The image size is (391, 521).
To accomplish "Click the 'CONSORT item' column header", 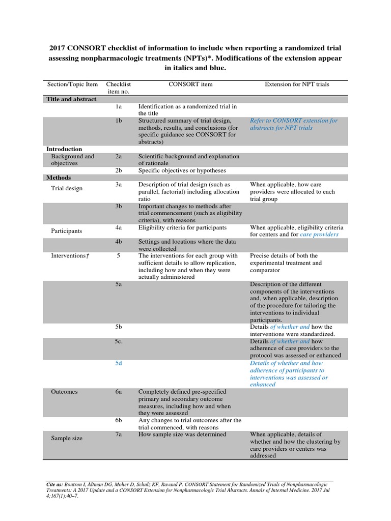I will point(190,84).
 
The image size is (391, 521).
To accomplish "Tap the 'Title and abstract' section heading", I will point(71,99).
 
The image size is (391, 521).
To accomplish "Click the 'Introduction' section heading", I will point(64,149).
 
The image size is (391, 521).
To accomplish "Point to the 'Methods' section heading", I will point(59,178).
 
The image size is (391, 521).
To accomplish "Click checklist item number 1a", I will point(118,107).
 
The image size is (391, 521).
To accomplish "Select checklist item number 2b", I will point(118,170).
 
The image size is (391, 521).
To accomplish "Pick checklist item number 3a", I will point(118,185).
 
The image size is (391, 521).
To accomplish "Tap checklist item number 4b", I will point(118,242).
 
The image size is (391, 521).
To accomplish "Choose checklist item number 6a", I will point(118,392).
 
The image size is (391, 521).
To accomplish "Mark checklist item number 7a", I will point(118,435).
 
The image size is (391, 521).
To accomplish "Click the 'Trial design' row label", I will point(67,188).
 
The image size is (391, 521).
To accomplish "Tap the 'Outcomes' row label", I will point(64,392).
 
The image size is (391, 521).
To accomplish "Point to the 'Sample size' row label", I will point(67,438).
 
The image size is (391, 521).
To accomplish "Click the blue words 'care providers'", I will point(319,235).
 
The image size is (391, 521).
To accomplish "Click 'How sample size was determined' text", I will point(182,435).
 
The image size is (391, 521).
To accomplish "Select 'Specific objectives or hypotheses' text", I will point(182,170).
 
